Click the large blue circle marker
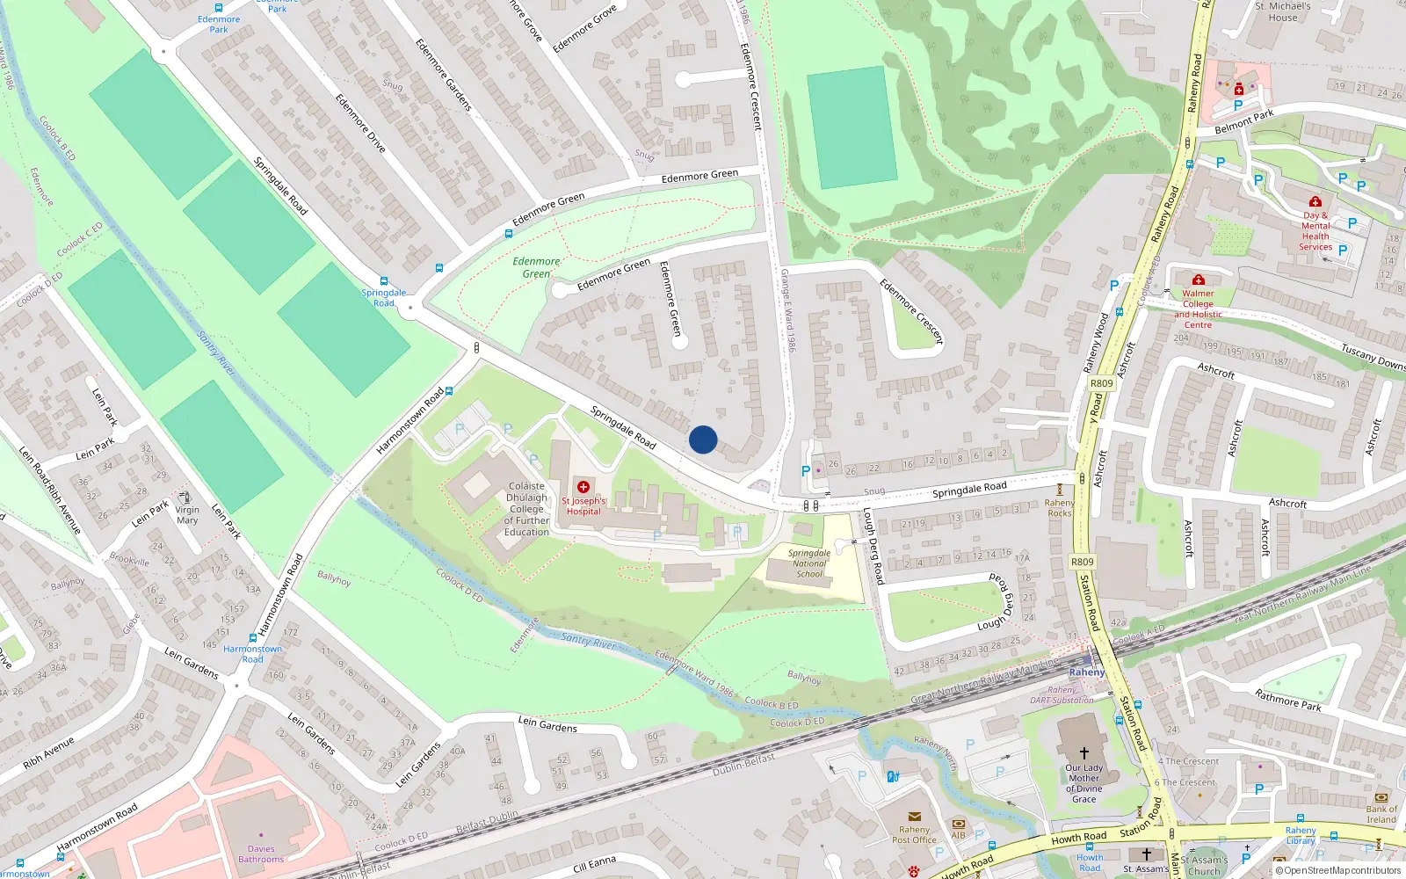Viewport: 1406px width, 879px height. point(703,439)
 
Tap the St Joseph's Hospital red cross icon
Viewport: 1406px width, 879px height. point(583,487)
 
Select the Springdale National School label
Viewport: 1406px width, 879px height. point(809,563)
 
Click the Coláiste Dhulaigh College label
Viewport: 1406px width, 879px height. point(526,509)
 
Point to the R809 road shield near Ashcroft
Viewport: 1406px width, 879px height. point(1101,383)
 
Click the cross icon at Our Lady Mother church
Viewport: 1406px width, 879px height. point(1083,753)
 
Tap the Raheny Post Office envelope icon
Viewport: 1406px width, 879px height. point(914,817)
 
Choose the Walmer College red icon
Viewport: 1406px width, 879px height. point(1198,280)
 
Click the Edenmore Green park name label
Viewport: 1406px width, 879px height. point(536,267)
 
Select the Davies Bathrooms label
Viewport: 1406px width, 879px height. point(261,854)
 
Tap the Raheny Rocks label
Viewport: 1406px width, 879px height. point(1059,508)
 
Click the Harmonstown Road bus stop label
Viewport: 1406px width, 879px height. point(252,654)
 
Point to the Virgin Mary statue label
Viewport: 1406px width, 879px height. point(187,514)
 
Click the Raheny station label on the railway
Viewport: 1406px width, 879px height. point(1087,672)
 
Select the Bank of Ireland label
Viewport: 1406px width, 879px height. point(1381,814)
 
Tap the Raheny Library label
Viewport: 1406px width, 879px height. point(1301,835)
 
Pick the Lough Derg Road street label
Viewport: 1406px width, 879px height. point(873,546)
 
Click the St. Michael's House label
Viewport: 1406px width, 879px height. point(1282,11)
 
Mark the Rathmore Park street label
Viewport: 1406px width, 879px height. point(1287,701)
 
